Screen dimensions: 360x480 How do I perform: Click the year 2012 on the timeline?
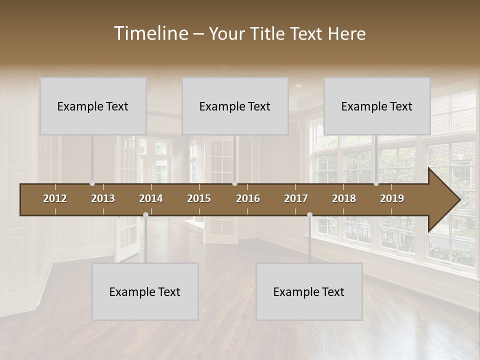pos(55,198)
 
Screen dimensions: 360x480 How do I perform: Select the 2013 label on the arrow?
pos(103,198)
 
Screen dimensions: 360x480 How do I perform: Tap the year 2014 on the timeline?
pos(151,198)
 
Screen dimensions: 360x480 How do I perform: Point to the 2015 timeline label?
pos(199,198)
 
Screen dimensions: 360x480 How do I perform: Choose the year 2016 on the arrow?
pos(248,198)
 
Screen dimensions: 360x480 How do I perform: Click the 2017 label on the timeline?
pos(296,198)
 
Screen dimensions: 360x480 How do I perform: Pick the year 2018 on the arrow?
pos(344,198)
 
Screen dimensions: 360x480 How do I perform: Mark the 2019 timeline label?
pos(392,198)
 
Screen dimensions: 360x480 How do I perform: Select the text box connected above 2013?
pos(93,106)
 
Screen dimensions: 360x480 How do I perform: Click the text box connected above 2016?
pos(235,106)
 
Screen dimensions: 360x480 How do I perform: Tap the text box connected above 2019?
pos(377,106)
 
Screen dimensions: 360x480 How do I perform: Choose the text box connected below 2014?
pos(145,291)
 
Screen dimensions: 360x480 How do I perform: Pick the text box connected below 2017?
pos(309,291)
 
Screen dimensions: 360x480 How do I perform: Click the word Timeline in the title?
pos(150,33)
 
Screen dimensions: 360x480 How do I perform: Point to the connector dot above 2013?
pos(92,183)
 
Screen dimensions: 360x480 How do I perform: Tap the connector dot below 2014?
pos(145,215)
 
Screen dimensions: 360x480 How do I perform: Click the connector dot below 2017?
pos(309,215)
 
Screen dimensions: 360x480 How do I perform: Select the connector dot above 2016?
pos(234,183)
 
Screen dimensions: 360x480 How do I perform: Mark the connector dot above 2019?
pos(376,183)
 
